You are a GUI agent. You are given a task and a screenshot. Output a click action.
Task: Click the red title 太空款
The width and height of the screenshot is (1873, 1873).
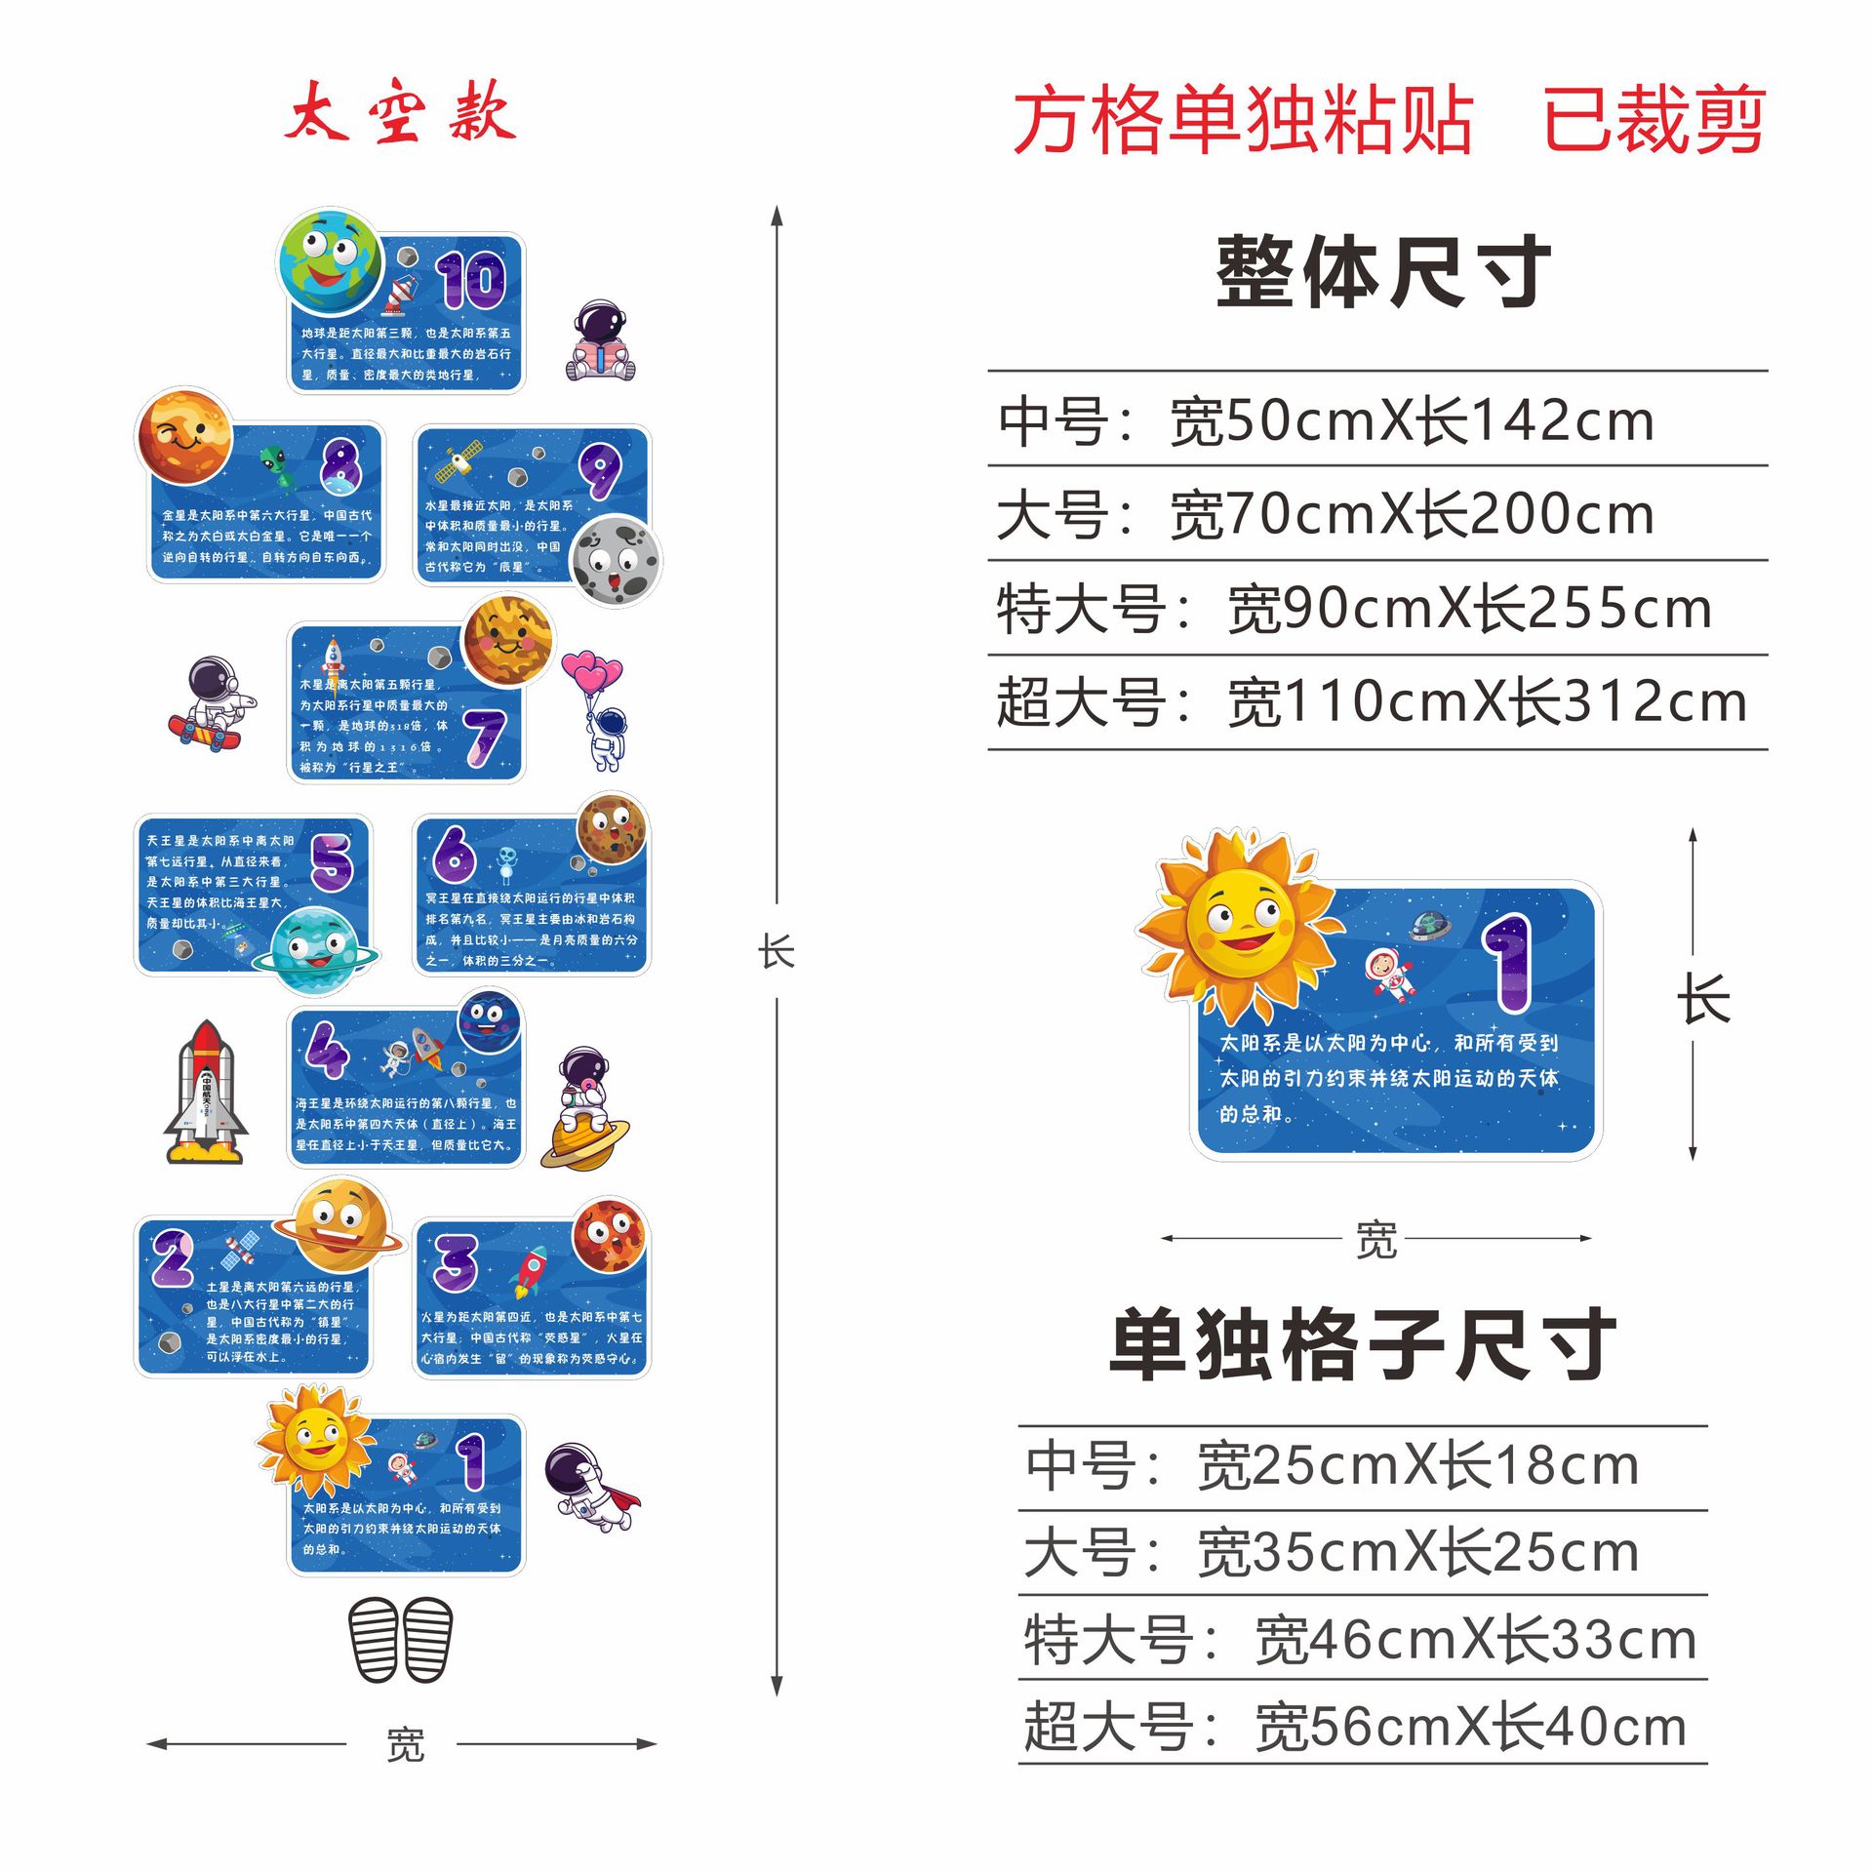click(400, 112)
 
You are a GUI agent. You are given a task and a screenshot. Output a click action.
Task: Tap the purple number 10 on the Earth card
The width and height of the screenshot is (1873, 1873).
click(471, 280)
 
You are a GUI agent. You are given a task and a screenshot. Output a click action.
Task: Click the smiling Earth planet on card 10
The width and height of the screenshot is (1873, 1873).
click(331, 260)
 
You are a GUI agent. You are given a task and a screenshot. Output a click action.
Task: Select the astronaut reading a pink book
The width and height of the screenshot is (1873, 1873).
click(601, 342)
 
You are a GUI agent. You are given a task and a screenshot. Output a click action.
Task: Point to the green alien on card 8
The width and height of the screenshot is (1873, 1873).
click(277, 465)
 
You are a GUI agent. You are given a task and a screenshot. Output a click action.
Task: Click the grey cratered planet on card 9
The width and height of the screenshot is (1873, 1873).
click(615, 560)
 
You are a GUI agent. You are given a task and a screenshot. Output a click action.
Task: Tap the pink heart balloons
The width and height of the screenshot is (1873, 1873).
click(591, 673)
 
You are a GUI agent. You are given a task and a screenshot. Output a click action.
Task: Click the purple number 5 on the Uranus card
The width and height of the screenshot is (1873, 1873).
click(332, 861)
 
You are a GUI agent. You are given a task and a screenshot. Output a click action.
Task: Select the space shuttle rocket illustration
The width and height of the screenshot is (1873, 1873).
click(206, 1093)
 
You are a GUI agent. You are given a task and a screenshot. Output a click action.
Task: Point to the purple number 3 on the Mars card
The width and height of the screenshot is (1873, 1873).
click(456, 1262)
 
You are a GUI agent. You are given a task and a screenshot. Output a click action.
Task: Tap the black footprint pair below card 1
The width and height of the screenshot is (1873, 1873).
click(401, 1639)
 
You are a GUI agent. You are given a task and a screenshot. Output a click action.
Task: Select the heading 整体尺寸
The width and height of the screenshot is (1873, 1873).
click(1383, 272)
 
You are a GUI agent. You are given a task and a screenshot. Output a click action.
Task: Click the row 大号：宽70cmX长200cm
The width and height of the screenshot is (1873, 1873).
click(1325, 514)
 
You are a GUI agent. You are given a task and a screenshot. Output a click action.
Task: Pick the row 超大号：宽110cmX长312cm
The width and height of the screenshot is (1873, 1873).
click(1371, 702)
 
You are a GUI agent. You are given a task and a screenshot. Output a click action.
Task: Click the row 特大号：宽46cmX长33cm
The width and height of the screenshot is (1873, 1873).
click(1360, 1640)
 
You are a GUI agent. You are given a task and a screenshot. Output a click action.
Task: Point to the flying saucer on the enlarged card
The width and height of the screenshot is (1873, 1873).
click(1430, 923)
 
